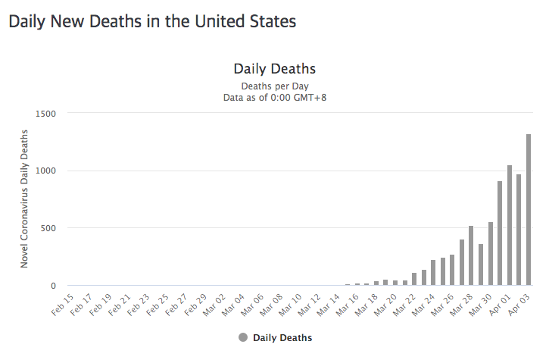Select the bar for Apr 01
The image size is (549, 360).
510,225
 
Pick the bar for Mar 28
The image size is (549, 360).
471,255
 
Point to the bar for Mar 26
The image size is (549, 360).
452,270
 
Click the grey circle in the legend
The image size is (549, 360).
242,337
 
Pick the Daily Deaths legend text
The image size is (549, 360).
282,337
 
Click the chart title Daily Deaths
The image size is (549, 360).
274,70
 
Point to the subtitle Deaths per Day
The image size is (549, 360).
274,86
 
